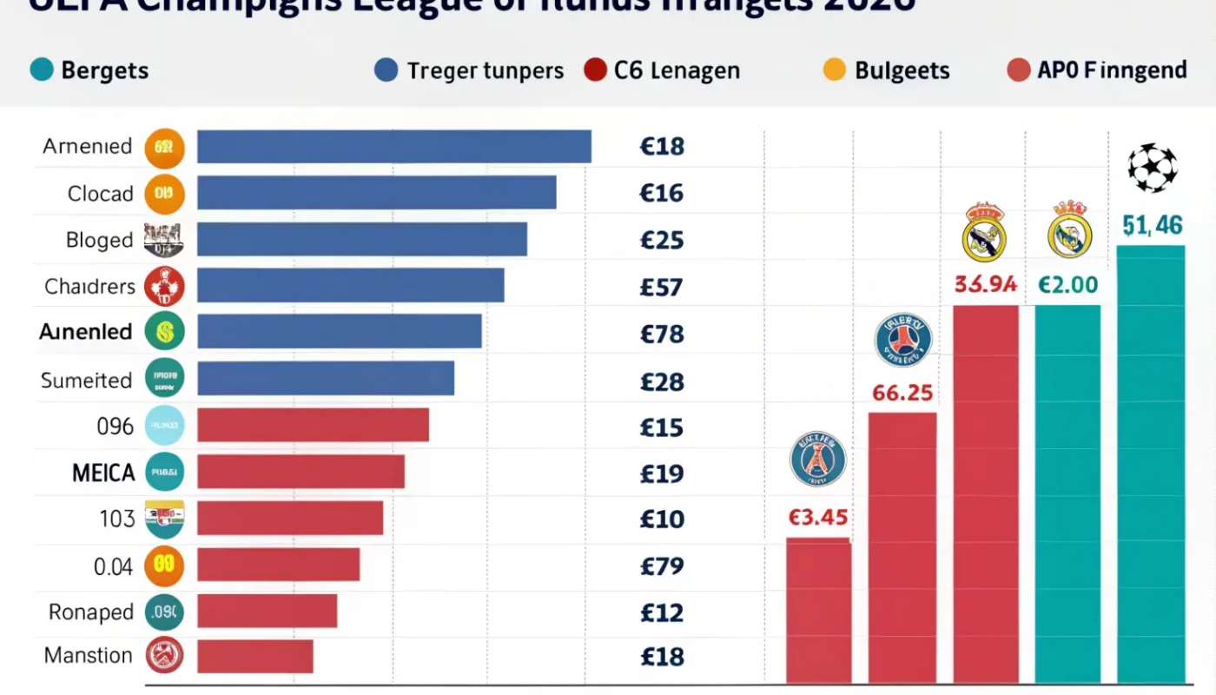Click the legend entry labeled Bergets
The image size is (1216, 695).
(x=89, y=70)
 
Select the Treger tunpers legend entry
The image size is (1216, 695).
(x=469, y=70)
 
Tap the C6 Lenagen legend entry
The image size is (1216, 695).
(x=663, y=70)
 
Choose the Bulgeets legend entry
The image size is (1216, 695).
(x=887, y=70)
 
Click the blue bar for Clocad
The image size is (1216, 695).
(x=376, y=193)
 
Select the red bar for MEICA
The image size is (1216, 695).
(x=301, y=472)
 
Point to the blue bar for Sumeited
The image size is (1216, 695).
(x=326, y=379)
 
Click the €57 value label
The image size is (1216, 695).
(x=662, y=288)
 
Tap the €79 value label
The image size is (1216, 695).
(x=662, y=566)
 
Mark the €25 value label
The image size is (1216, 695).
(x=662, y=241)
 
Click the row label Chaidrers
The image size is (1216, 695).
(x=89, y=286)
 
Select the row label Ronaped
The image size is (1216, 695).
(x=90, y=612)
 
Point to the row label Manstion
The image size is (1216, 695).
(x=89, y=655)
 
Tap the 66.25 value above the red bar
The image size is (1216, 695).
(x=902, y=393)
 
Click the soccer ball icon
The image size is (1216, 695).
(x=1153, y=168)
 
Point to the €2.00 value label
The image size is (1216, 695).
(x=1067, y=285)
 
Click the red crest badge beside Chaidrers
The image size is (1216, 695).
(x=164, y=286)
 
